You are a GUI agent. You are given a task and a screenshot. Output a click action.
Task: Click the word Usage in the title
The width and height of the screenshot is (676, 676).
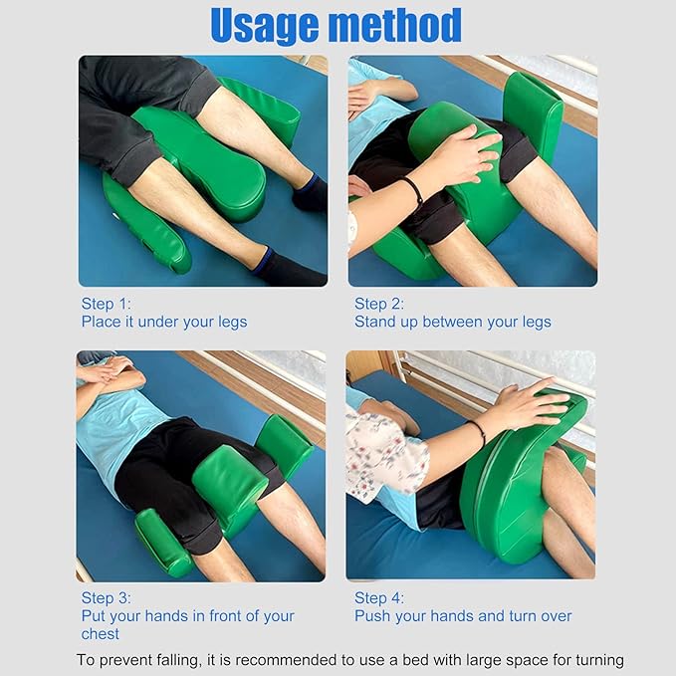(x=264, y=27)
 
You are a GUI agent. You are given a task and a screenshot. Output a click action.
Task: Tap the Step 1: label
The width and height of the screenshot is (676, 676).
(x=106, y=304)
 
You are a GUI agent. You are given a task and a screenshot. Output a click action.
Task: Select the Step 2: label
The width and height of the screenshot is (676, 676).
(x=379, y=304)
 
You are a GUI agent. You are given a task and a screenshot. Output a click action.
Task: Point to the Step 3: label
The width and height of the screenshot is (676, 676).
(x=106, y=598)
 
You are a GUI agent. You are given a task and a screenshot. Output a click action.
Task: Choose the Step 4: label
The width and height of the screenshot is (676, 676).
(x=379, y=598)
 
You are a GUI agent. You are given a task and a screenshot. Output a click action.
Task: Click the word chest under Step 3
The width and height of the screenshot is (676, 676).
(x=100, y=634)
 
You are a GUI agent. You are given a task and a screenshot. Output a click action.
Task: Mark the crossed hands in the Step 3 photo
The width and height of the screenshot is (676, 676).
(x=107, y=368)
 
